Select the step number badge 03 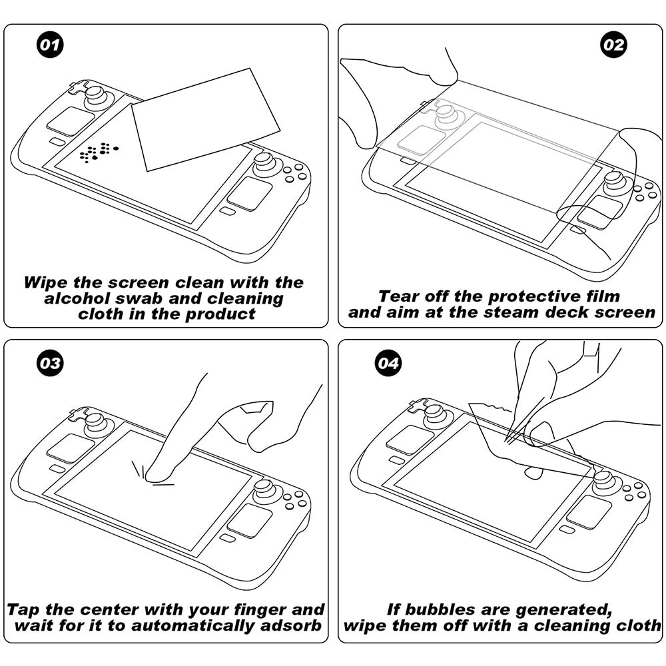coord(50,363)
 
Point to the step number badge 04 coord(388,363)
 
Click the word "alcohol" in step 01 coord(77,298)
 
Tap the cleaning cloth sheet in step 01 coord(206,120)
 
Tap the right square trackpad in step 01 coord(250,194)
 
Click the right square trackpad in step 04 coord(589,513)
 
